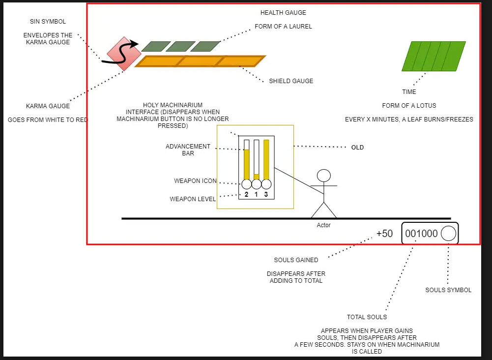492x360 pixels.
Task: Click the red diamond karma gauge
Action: tap(124, 54)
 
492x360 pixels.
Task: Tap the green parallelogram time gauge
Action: tap(434, 56)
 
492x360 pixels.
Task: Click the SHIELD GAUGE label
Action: tap(291, 81)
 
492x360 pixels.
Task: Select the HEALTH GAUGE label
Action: tap(283, 13)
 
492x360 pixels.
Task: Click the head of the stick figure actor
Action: tap(323, 176)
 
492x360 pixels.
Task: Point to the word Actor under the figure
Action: tap(323, 225)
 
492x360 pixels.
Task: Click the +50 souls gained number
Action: tap(384, 234)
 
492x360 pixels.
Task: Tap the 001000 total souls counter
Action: tap(421, 234)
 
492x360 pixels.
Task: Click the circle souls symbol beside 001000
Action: tap(448, 234)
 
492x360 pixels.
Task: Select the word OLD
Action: tap(357, 148)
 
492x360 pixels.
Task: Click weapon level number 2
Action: tap(246, 195)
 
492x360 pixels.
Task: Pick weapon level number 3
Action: tap(266, 195)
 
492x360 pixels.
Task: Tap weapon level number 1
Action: tap(256, 195)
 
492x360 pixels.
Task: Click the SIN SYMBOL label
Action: tap(48, 21)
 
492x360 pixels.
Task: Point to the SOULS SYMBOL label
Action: tap(448, 290)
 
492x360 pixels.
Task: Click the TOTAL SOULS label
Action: tap(367, 317)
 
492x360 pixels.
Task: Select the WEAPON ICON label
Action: tap(195, 181)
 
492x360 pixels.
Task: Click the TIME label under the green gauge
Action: tap(409, 91)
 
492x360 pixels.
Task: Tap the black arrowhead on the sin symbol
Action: tap(134, 44)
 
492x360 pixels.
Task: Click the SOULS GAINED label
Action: tap(296, 260)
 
